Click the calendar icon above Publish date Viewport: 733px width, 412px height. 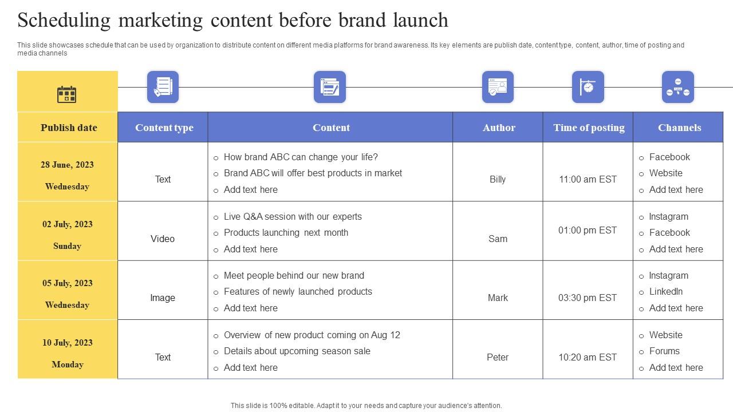(x=67, y=94)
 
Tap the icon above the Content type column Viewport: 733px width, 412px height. (x=163, y=87)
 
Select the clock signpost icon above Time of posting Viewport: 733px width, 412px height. (x=588, y=87)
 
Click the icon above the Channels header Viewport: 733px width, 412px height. (x=677, y=87)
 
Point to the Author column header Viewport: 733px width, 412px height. (x=499, y=128)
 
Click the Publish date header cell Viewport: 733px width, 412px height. (x=69, y=128)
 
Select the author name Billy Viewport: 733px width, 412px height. (x=498, y=179)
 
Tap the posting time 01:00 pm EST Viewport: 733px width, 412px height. (x=588, y=230)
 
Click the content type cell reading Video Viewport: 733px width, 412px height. (x=163, y=239)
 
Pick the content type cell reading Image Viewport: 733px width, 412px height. (x=163, y=298)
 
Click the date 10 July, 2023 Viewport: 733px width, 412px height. (x=68, y=343)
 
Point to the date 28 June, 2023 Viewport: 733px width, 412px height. (x=67, y=165)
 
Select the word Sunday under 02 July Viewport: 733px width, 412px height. (x=67, y=246)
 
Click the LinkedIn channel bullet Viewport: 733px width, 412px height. (x=665, y=291)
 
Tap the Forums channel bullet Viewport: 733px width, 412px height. (x=664, y=351)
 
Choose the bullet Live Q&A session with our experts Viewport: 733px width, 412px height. (x=293, y=216)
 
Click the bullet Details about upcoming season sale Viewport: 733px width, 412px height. (x=297, y=351)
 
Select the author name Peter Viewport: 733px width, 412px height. (x=498, y=357)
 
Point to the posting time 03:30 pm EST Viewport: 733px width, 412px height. (x=588, y=298)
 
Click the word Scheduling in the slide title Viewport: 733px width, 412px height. (x=64, y=20)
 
